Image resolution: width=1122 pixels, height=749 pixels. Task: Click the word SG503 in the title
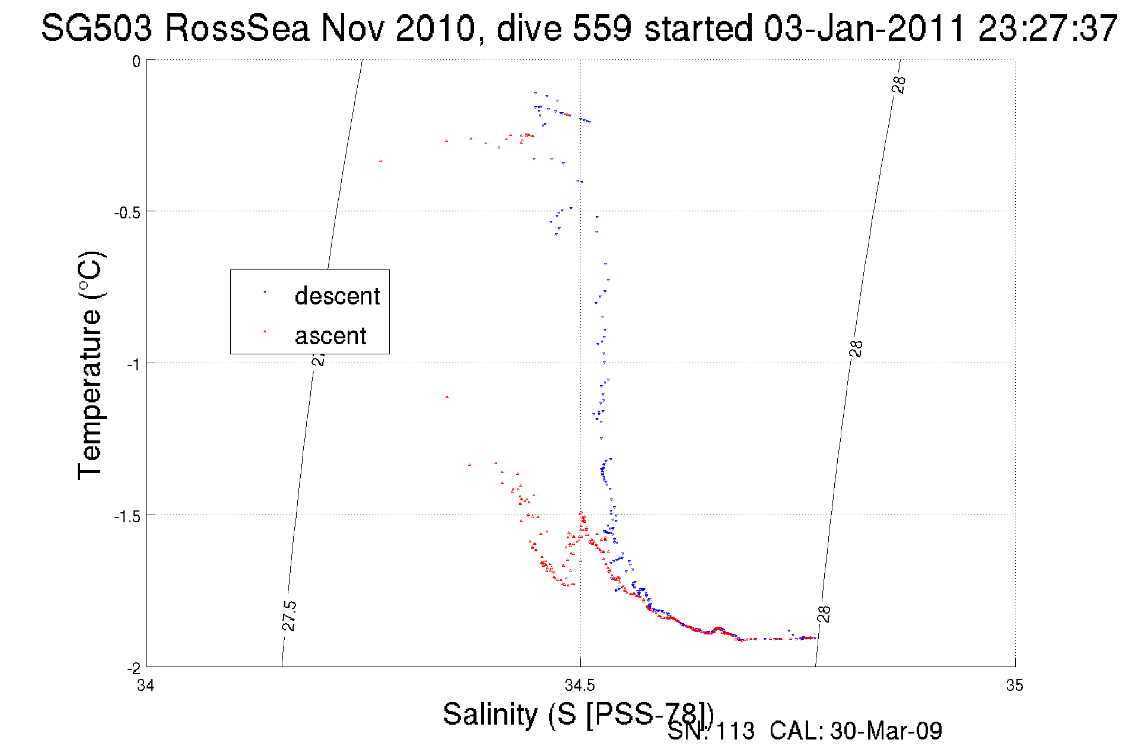click(x=97, y=28)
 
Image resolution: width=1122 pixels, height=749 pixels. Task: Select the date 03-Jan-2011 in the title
click(x=864, y=28)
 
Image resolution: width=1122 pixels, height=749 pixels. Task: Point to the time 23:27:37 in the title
click(x=1047, y=28)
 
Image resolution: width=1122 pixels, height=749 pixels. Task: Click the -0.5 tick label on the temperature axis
click(x=127, y=212)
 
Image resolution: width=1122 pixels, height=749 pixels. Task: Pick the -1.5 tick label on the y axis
click(x=127, y=516)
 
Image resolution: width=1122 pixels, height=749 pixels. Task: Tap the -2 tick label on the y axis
click(x=134, y=668)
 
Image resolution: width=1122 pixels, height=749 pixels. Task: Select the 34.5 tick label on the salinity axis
click(x=580, y=686)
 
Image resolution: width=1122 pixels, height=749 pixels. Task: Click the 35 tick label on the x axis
click(x=1015, y=686)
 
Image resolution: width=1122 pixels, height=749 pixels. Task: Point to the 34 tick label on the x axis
click(x=146, y=686)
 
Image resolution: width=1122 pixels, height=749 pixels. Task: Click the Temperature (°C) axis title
click(x=91, y=365)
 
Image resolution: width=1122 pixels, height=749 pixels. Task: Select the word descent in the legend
click(x=337, y=296)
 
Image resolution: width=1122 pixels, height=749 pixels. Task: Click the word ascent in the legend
click(x=330, y=336)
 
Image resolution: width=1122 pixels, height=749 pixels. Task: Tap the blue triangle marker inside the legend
click(x=265, y=292)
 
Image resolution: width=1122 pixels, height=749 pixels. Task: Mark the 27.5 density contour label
click(x=289, y=615)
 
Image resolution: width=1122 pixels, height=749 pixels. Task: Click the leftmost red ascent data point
click(x=381, y=161)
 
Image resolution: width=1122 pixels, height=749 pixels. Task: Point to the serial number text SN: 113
click(x=711, y=731)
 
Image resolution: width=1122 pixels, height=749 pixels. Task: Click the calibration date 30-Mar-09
click(x=885, y=731)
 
